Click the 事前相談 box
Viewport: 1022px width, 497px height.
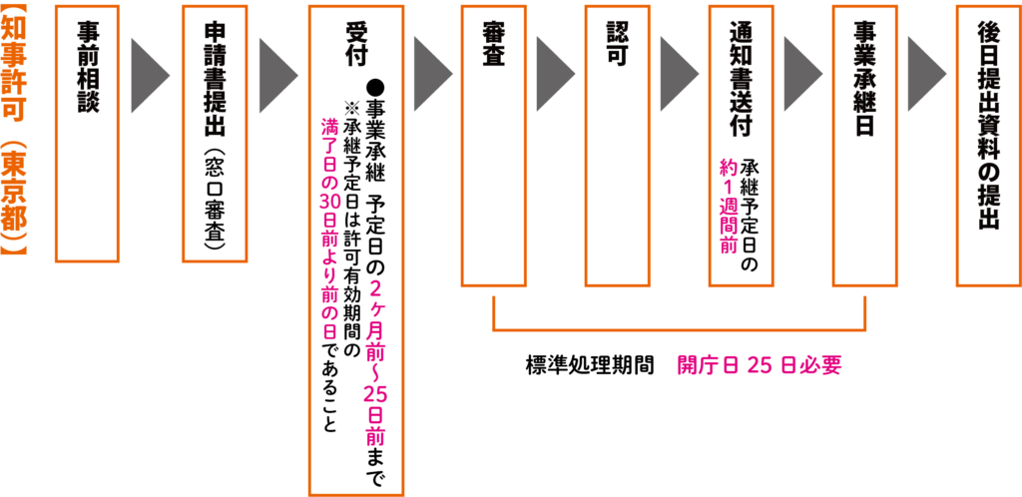coord(87,134)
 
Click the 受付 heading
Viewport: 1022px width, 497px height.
coord(356,45)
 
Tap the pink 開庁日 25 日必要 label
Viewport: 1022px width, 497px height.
coord(760,365)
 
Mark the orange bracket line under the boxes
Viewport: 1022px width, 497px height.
coord(679,328)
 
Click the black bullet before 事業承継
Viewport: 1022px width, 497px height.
coord(375,87)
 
